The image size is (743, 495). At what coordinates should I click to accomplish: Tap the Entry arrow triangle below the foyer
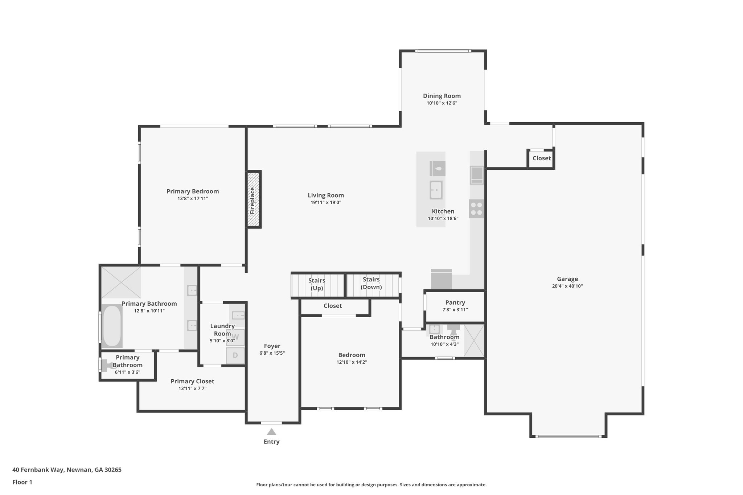(271, 432)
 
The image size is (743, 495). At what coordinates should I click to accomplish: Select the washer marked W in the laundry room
(235, 337)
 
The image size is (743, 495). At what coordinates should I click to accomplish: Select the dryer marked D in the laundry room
(235, 355)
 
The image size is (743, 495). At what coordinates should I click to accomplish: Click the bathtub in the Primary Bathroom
(112, 326)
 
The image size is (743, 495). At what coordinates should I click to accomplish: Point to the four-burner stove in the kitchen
(476, 209)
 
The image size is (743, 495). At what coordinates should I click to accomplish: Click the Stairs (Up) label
(317, 284)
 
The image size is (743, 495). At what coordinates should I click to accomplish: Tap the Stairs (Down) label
(371, 283)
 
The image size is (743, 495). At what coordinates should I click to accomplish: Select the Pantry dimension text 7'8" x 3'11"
(455, 310)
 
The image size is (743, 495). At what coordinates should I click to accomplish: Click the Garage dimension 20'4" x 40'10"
(567, 286)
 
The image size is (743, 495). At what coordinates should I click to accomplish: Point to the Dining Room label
(442, 96)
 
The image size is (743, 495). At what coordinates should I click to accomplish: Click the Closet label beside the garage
(541, 158)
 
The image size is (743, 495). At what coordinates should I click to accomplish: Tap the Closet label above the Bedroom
(333, 306)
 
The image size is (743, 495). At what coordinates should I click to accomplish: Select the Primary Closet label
(192, 381)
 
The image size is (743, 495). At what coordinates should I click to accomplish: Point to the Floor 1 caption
(22, 482)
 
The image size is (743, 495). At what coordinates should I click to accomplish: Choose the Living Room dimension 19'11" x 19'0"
(326, 203)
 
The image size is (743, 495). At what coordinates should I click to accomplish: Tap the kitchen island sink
(436, 190)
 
